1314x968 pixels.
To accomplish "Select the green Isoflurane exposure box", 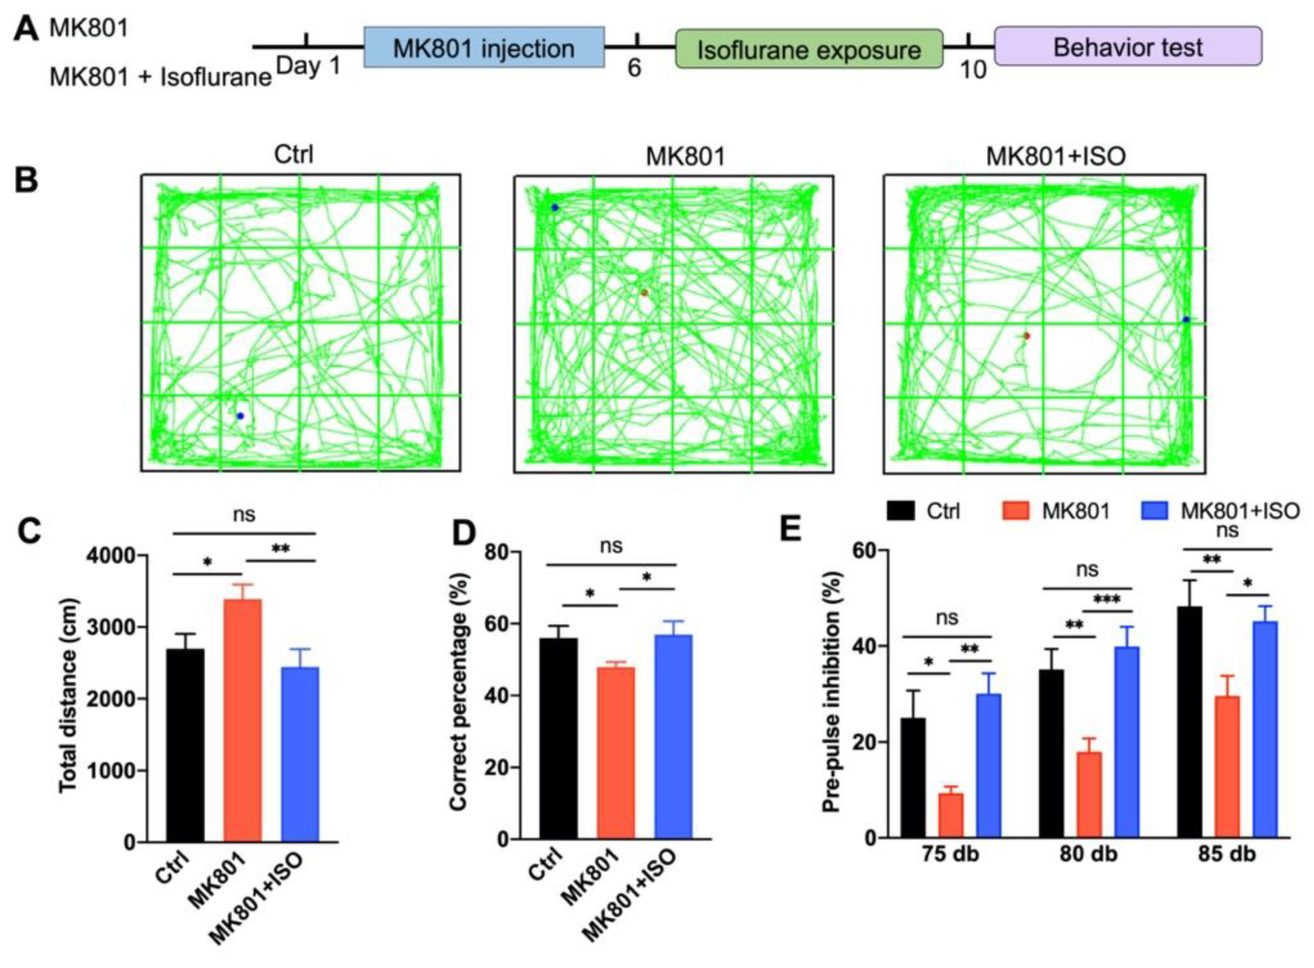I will tap(809, 49).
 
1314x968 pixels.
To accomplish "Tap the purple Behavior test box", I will tap(1127, 46).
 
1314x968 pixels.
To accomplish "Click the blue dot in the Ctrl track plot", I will tap(240, 416).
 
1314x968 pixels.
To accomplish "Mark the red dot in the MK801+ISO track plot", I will tap(1026, 336).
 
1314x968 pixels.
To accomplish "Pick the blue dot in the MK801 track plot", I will tap(555, 207).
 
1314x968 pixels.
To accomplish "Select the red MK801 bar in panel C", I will tap(243, 720).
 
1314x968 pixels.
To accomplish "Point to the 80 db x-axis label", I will tap(1088, 854).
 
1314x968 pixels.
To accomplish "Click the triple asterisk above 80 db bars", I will tap(1107, 599).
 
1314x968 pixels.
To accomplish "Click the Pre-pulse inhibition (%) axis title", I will tap(831, 691).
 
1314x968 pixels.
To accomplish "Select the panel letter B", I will tap(26, 180).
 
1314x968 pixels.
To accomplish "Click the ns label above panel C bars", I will tap(244, 515).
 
